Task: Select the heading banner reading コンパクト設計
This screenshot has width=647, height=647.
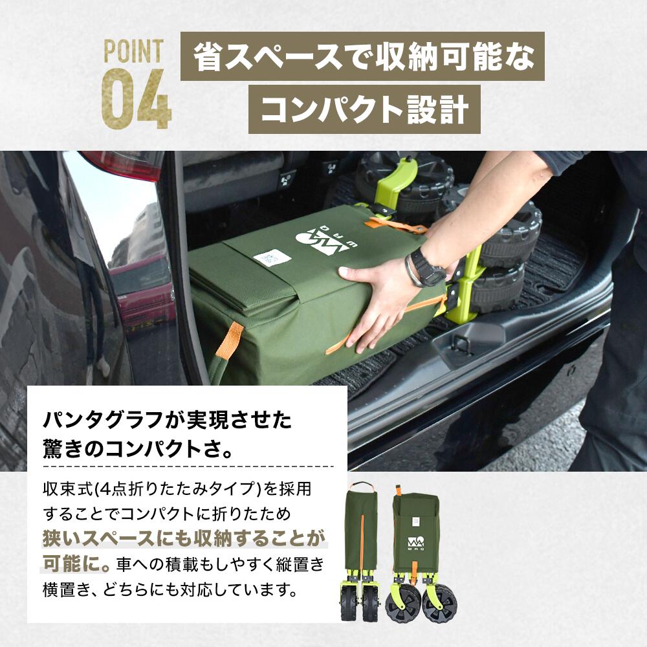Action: [364, 109]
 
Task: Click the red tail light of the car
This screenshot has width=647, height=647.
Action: [123, 164]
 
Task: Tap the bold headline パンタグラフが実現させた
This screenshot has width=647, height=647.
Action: [168, 421]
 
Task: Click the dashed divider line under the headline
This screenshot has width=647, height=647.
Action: [188, 466]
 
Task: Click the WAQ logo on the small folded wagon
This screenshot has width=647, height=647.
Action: [414, 543]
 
